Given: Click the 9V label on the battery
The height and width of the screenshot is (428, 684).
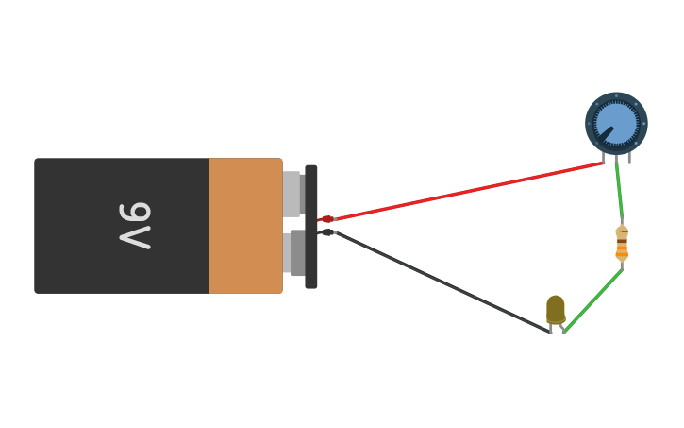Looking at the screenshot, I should coord(135,226).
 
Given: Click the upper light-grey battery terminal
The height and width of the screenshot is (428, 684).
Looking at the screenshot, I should coord(292,193).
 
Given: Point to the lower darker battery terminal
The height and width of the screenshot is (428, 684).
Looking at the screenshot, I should coord(294,253).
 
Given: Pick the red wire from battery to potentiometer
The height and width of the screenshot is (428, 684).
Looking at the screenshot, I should coord(472,191).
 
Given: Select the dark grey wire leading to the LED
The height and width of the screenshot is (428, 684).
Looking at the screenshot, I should coord(443,282).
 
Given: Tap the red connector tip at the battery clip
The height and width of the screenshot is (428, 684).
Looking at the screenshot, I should coord(326,219).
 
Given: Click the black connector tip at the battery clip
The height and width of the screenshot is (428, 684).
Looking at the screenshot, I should coord(326,231).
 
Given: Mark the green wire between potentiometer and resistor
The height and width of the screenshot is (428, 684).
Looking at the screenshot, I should coord(620,194).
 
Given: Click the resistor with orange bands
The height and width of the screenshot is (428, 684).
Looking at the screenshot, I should coord(622,243).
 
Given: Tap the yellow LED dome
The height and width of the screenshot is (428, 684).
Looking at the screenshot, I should coord(556,308).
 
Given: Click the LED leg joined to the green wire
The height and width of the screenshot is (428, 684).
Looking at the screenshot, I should coord(562,329).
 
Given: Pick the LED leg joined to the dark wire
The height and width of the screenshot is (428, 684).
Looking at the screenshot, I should coord(551,328).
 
